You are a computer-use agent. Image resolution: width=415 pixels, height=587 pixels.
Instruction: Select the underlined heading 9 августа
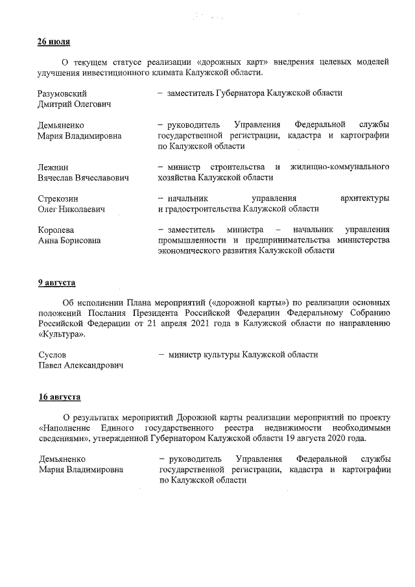(x=56, y=283)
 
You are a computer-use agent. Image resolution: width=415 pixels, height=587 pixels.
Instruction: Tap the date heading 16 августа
(x=59, y=397)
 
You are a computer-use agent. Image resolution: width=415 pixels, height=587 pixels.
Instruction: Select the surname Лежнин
(x=53, y=167)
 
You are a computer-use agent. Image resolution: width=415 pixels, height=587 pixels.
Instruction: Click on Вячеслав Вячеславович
(x=83, y=178)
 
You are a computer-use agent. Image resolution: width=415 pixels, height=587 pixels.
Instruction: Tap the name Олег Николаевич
(x=71, y=210)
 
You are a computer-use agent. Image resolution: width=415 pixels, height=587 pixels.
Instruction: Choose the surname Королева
(x=56, y=230)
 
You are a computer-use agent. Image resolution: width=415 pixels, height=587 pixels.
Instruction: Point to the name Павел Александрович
(x=81, y=366)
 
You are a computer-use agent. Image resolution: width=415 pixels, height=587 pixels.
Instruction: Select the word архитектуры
(x=364, y=198)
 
